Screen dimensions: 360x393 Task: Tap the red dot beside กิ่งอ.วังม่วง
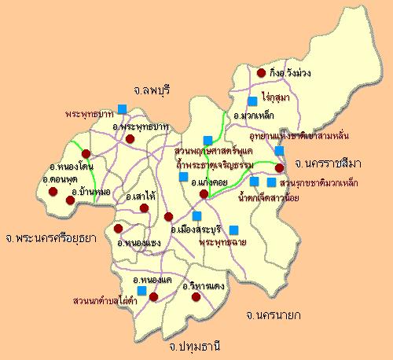point(261,73)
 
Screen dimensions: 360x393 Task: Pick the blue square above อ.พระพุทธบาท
point(122,109)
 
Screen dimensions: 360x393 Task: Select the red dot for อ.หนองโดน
point(86,153)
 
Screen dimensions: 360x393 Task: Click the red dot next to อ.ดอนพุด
point(53,191)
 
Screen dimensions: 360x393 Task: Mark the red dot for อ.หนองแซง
point(118,229)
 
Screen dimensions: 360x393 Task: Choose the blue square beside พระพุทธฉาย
point(233,230)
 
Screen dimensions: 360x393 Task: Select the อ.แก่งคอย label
point(210,182)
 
